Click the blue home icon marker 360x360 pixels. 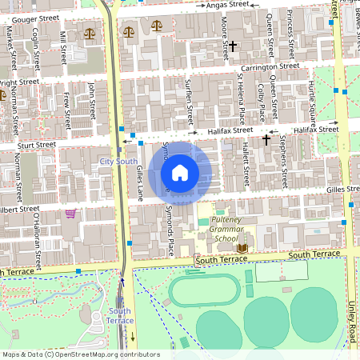coord(180,174)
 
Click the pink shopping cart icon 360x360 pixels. coord(70,214)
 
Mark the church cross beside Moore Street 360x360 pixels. coord(233,47)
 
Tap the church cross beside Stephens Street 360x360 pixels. coord(266,140)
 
